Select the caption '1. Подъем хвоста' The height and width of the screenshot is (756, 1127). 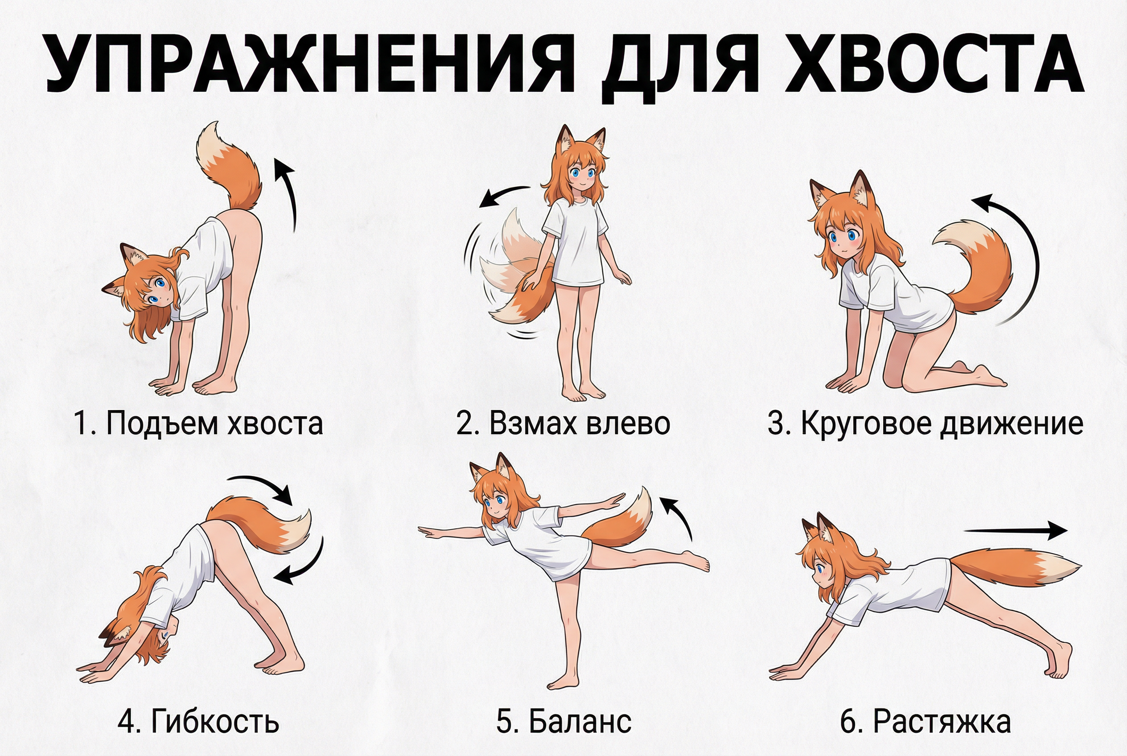[198, 423]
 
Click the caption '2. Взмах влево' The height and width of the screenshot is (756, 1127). [563, 423]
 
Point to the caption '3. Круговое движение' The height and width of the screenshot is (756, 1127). [925, 423]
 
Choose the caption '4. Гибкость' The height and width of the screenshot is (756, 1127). [198, 722]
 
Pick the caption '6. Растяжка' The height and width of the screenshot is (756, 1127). [925, 722]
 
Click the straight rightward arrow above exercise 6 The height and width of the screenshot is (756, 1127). [1015, 531]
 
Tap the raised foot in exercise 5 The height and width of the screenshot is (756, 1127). [697, 561]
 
